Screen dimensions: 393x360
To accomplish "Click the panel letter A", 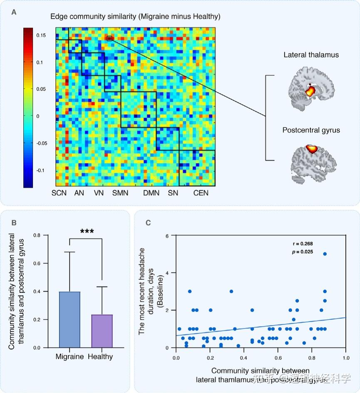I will click(14, 12).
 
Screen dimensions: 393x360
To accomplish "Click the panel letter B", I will click(14, 222).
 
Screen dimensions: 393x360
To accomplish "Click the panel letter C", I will click(149, 222).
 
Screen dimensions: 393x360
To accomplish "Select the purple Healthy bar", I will click(102, 331).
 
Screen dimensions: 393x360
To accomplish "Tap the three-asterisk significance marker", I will click(86, 231).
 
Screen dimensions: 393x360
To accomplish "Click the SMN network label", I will click(120, 193).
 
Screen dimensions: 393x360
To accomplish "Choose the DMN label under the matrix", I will click(151, 193).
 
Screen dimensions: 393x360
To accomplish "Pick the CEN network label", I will click(201, 193).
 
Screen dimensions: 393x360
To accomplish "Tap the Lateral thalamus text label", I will click(311, 55).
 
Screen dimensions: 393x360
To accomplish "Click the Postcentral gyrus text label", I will click(311, 130).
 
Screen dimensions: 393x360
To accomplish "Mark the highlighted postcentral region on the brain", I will click(311, 148).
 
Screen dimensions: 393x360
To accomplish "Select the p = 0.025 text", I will click(302, 251).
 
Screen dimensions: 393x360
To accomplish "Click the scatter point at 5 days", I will click(325, 254).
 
